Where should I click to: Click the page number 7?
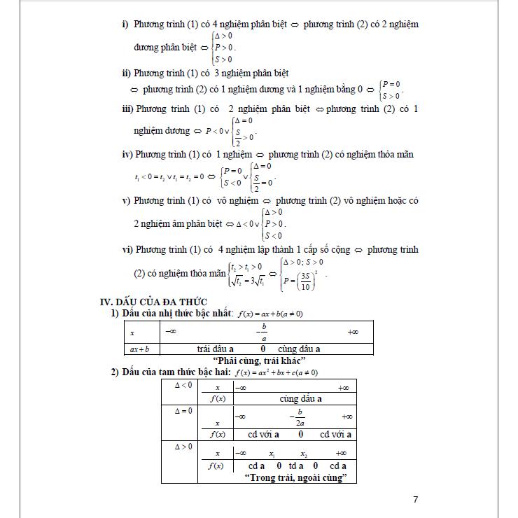click(x=415, y=499)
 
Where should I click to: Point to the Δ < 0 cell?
click(x=181, y=385)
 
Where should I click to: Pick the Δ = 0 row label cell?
click(x=181, y=411)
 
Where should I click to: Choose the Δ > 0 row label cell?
click(x=181, y=446)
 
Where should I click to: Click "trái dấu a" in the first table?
click(x=216, y=349)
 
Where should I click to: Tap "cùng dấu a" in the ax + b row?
click(x=299, y=349)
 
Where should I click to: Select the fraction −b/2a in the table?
click(x=299, y=417)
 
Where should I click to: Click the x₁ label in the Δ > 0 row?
click(x=272, y=453)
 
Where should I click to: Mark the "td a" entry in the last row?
click(x=296, y=465)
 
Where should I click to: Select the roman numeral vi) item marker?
click(x=127, y=249)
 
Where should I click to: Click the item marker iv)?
click(x=127, y=154)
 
